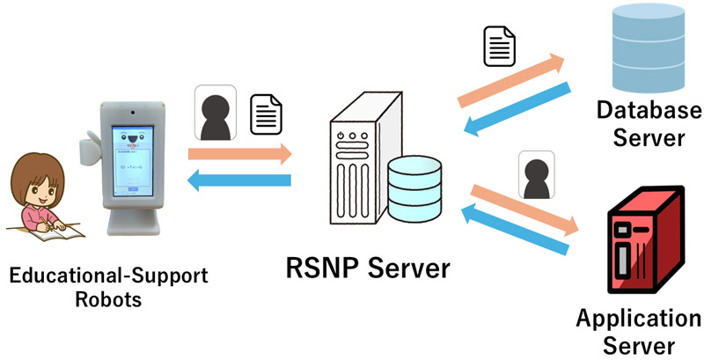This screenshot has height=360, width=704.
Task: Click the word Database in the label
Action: click(649, 111)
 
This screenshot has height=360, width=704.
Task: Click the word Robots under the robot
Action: click(109, 299)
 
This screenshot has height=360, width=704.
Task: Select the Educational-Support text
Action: click(109, 276)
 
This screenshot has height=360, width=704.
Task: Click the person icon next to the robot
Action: click(214, 113)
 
